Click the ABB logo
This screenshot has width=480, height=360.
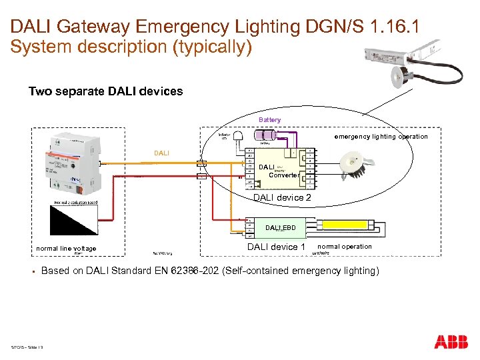point(451,343)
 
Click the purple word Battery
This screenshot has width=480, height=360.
point(270,120)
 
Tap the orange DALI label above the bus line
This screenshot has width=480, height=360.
point(162,153)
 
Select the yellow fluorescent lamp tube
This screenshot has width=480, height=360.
point(361,227)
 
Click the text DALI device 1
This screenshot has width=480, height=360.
point(276,247)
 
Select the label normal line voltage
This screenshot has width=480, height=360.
point(66,249)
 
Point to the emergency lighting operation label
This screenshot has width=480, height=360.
point(381,137)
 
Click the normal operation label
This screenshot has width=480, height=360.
point(345,247)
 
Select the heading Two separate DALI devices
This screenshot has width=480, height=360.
point(105,91)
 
